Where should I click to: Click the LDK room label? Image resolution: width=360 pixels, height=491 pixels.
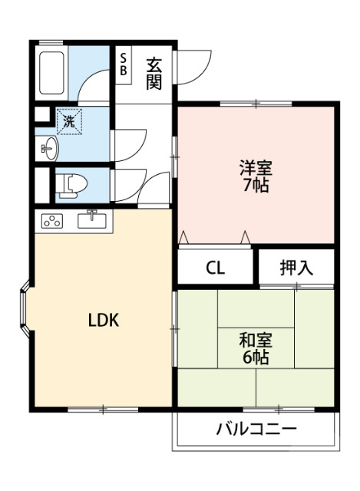click(102, 320)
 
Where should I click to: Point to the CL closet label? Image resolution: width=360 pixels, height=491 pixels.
click(216, 269)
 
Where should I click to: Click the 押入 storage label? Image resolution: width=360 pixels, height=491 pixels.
click(296, 268)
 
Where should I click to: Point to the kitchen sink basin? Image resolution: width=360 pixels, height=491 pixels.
click(94, 221)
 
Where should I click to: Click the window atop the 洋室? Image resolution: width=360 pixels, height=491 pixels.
click(253, 104)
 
